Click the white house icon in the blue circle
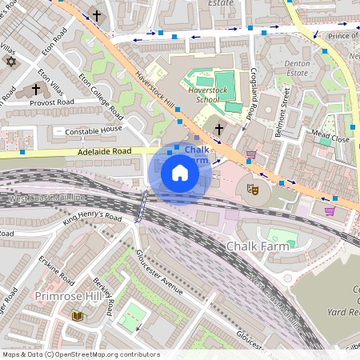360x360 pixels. tap(180, 173)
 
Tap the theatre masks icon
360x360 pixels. tap(252, 190)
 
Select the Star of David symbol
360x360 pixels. tap(10, 62)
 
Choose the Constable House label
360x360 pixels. tap(94, 130)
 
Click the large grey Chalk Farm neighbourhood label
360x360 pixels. tap(255, 246)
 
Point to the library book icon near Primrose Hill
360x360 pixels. tap(77, 316)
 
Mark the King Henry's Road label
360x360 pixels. tap(92, 218)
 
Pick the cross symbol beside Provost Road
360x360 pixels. tap(36, 90)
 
